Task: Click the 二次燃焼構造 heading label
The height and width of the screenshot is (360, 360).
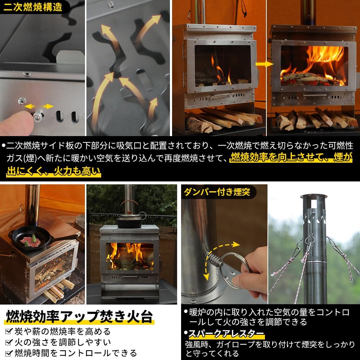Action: [33, 7]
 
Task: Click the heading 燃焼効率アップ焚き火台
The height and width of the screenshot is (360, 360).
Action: [79, 316]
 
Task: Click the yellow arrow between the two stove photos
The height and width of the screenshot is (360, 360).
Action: [264, 64]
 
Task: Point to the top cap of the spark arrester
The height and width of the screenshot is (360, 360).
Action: [314, 197]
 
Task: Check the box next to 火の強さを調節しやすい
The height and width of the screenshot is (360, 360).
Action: [9, 342]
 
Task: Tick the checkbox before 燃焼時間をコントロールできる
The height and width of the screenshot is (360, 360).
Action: [9, 352]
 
